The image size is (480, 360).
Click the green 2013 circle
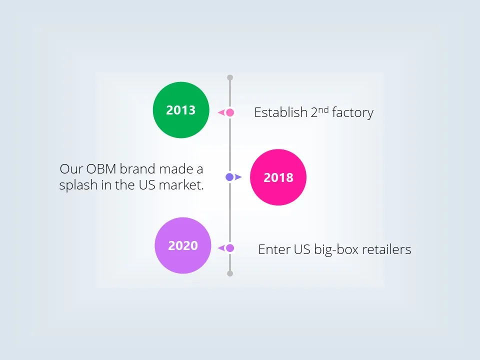[180, 110]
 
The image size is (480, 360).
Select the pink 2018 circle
[278, 177]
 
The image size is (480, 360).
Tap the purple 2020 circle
[183, 245]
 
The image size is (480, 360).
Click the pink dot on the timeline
[230, 112]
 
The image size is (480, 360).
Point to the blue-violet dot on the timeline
[229, 177]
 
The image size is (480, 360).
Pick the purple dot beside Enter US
[230, 248]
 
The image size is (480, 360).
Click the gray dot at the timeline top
[230, 77]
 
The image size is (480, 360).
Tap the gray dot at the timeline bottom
[230, 273]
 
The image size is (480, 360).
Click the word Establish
[274, 112]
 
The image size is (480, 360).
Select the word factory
[352, 113]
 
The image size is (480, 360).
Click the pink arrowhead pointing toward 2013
[220, 113]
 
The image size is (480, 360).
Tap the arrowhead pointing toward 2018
[238, 177]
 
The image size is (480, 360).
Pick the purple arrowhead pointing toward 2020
[220, 248]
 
